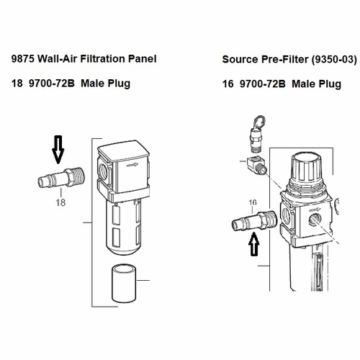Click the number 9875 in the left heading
(x=23, y=59)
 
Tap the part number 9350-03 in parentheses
(x=334, y=60)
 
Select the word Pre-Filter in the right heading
(x=285, y=60)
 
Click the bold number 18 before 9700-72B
(x=17, y=84)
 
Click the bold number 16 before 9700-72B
(x=228, y=84)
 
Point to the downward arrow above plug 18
(x=58, y=150)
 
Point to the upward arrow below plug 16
(x=254, y=244)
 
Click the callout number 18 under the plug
(x=60, y=202)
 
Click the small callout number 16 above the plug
(x=253, y=202)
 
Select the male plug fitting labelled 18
(x=61, y=178)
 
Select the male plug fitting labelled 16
(x=254, y=220)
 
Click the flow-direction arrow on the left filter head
(x=132, y=165)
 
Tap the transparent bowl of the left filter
(x=124, y=227)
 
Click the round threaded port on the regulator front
(x=315, y=219)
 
